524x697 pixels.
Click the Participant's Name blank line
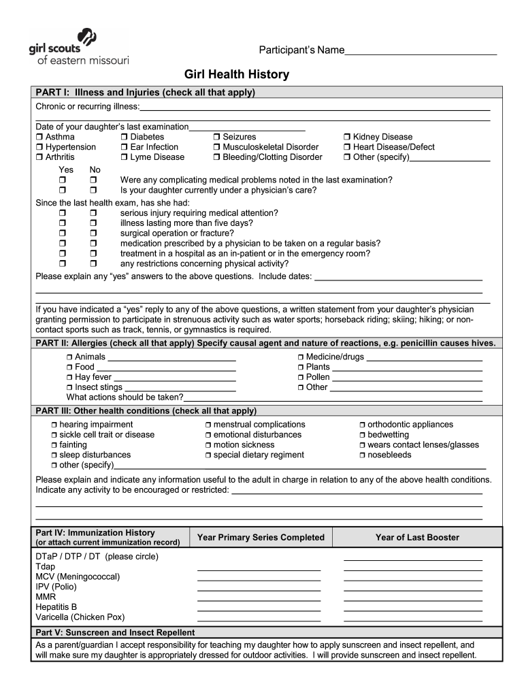[x=421, y=52]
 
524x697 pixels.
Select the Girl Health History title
[x=237, y=74]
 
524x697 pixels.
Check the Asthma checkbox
[x=39, y=137]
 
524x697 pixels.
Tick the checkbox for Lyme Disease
[x=125, y=157]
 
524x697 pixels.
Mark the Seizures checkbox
[x=217, y=137]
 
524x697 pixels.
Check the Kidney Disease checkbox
[x=347, y=137]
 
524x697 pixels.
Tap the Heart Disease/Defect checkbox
[x=347, y=147]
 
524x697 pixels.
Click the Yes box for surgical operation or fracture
[x=63, y=233]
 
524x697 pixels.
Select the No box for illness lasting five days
[x=94, y=223]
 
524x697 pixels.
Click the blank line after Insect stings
[x=180, y=389]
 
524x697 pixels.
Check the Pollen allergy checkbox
[x=300, y=377]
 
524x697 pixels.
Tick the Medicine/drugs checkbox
[x=300, y=357]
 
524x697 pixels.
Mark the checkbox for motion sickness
[x=208, y=445]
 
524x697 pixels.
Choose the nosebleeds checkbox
[x=362, y=455]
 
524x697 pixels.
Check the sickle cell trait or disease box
[x=54, y=435]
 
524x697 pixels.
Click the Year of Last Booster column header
[x=417, y=538]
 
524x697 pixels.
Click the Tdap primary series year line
[x=259, y=568]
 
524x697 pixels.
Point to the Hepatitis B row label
[x=56, y=607]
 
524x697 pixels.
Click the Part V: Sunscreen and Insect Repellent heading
[x=115, y=633]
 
